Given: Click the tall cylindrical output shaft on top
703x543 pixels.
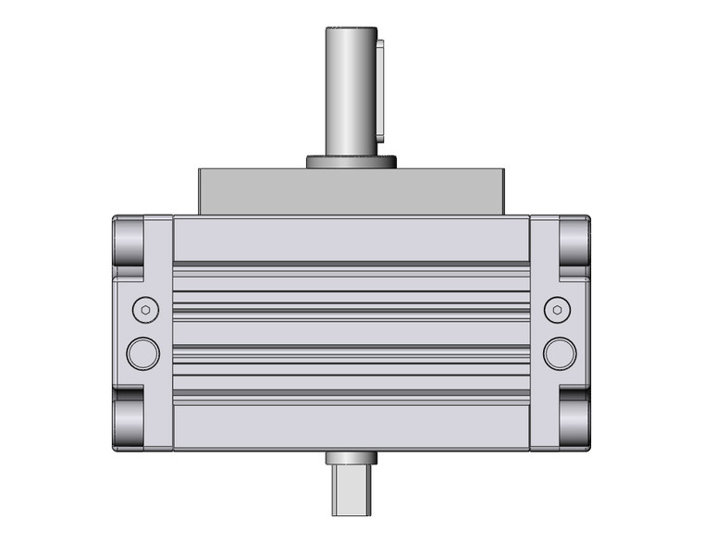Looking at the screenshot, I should pyautogui.click(x=350, y=88).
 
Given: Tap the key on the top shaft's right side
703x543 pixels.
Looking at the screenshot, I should pyautogui.click(x=378, y=88).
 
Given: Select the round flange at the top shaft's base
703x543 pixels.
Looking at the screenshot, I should pyautogui.click(x=351, y=163).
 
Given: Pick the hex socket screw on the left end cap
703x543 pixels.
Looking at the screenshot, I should pyautogui.click(x=142, y=310).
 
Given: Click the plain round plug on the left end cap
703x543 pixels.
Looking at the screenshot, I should pyautogui.click(x=142, y=352).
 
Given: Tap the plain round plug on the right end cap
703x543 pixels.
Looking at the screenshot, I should pyautogui.click(x=560, y=352).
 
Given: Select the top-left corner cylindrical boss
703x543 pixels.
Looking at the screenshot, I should pyautogui.click(x=129, y=240).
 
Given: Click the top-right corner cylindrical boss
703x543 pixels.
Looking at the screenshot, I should pyautogui.click(x=574, y=240).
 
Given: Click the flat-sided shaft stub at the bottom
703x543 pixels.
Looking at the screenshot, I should pyautogui.click(x=351, y=490).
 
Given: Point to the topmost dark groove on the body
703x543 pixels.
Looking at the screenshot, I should pyautogui.click(x=351, y=265).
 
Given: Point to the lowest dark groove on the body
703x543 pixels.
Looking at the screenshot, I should pyautogui.click(x=351, y=399).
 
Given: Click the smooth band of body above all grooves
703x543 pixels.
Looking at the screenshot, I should pyautogui.click(x=351, y=239).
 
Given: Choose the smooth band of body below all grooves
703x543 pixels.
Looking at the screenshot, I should pyautogui.click(x=351, y=427).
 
